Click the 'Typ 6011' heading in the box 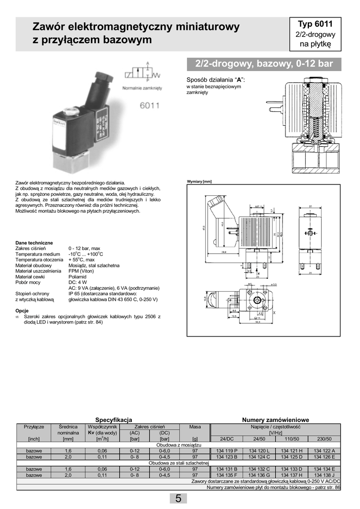click(315, 24)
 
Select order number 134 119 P click(227, 450)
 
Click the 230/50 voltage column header click(325, 438)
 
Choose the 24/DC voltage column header click(227, 438)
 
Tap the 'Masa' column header click(195, 426)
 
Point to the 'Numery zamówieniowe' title click(275, 420)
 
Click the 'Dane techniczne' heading click(34, 243)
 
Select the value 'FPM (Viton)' click(82, 271)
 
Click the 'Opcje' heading click(22, 310)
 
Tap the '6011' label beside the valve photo click(149, 105)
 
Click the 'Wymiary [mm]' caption click(199, 181)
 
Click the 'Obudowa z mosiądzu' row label click(179, 444)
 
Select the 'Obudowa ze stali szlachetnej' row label click(179, 463)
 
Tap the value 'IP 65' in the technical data click(76, 294)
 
